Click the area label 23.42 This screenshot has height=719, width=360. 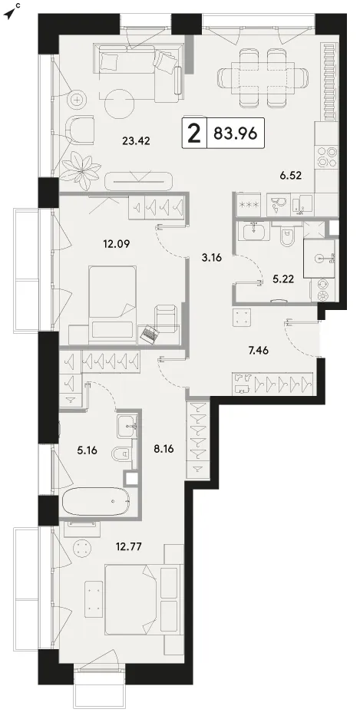pos(137,140)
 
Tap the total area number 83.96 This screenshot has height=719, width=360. pos(235,134)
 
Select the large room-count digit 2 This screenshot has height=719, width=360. pos(195,134)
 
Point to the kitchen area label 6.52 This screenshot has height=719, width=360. pos(291,174)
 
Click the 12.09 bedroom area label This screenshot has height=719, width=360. pos(116,244)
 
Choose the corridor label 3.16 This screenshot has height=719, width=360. pos(212,258)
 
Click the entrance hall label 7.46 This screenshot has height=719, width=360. pos(258,351)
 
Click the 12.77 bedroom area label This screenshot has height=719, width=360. pos(128,546)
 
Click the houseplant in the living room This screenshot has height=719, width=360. pos(81,167)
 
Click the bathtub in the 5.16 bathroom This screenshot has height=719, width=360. pos(95,503)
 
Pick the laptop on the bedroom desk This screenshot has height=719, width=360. pos(150,334)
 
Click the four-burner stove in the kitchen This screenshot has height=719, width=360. pos(328,157)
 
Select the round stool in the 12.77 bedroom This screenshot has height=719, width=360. pos(83,548)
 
